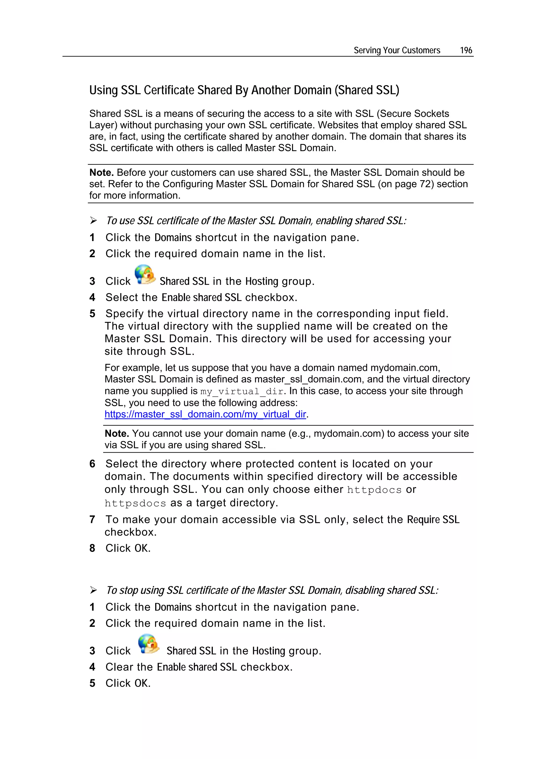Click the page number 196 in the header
(466, 50)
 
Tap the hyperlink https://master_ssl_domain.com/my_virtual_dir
(205, 414)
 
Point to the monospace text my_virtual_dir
(242, 391)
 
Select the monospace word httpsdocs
(135, 503)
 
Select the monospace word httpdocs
(374, 490)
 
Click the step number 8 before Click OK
(92, 548)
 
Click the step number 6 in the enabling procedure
(92, 464)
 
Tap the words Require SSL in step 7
(433, 519)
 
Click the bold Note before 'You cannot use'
(116, 433)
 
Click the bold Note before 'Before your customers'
(101, 173)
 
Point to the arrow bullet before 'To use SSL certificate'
(93, 221)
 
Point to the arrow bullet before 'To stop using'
(93, 590)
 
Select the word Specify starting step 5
(125, 313)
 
